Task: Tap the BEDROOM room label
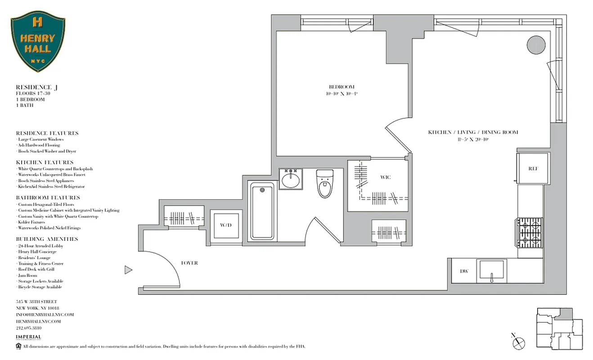click(x=342, y=87)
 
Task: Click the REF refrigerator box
click(x=533, y=169)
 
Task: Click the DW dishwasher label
click(x=464, y=271)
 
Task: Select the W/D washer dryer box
click(x=225, y=225)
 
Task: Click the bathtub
click(x=263, y=211)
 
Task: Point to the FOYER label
click(x=189, y=263)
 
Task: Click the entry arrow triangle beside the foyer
click(x=128, y=270)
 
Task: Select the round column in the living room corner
click(x=536, y=44)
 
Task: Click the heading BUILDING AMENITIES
click(x=47, y=239)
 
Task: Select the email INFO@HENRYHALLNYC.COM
click(x=45, y=315)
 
